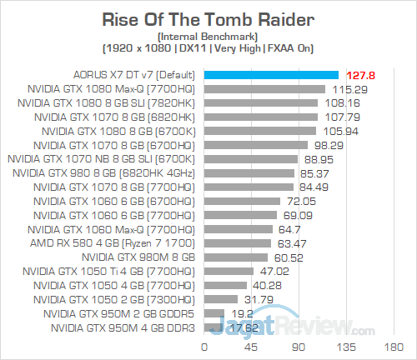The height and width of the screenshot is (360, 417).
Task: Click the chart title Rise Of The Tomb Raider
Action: click(208, 18)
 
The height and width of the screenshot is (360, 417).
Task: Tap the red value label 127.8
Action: click(360, 75)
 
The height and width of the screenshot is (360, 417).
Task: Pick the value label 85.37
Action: click(314, 172)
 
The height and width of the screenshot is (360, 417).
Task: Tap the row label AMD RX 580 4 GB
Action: click(131, 242)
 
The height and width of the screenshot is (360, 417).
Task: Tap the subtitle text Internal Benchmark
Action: click(208, 36)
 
